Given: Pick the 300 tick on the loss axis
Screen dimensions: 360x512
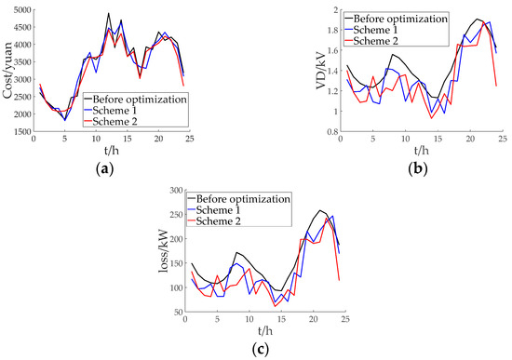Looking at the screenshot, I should pos(172,190).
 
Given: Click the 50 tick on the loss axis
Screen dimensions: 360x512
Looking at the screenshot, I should pos(175,313).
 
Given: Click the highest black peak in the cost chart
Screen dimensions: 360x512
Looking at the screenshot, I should pos(109,14).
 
